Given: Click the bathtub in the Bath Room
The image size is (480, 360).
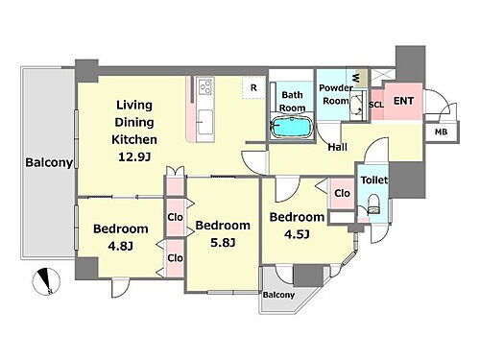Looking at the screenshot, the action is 291,127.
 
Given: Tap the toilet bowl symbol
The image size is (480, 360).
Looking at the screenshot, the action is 373,204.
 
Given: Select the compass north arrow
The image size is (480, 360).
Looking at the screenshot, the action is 46,281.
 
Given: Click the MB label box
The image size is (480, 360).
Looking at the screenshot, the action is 441,132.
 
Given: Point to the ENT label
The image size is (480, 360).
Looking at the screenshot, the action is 403,101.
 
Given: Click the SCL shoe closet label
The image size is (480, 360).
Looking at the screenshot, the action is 376,105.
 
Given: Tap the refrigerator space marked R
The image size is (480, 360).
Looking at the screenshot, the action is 253,87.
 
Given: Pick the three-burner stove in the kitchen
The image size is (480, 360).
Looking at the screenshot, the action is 205,86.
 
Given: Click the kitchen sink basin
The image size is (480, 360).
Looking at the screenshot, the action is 205,122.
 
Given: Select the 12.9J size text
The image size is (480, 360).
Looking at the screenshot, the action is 134,156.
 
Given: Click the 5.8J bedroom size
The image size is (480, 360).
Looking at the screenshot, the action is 223,243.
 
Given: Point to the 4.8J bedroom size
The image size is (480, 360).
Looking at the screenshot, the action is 120,246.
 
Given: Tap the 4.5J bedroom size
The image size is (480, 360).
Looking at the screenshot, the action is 297,234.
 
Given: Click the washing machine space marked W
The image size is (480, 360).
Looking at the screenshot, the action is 356,78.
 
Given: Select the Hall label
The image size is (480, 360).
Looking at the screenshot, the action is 338,147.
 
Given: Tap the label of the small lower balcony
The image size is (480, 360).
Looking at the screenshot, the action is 278,295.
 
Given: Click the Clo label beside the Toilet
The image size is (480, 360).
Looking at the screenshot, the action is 342,193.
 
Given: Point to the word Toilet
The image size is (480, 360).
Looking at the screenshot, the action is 374,180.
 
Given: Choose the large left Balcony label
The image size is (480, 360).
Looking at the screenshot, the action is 49,162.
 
